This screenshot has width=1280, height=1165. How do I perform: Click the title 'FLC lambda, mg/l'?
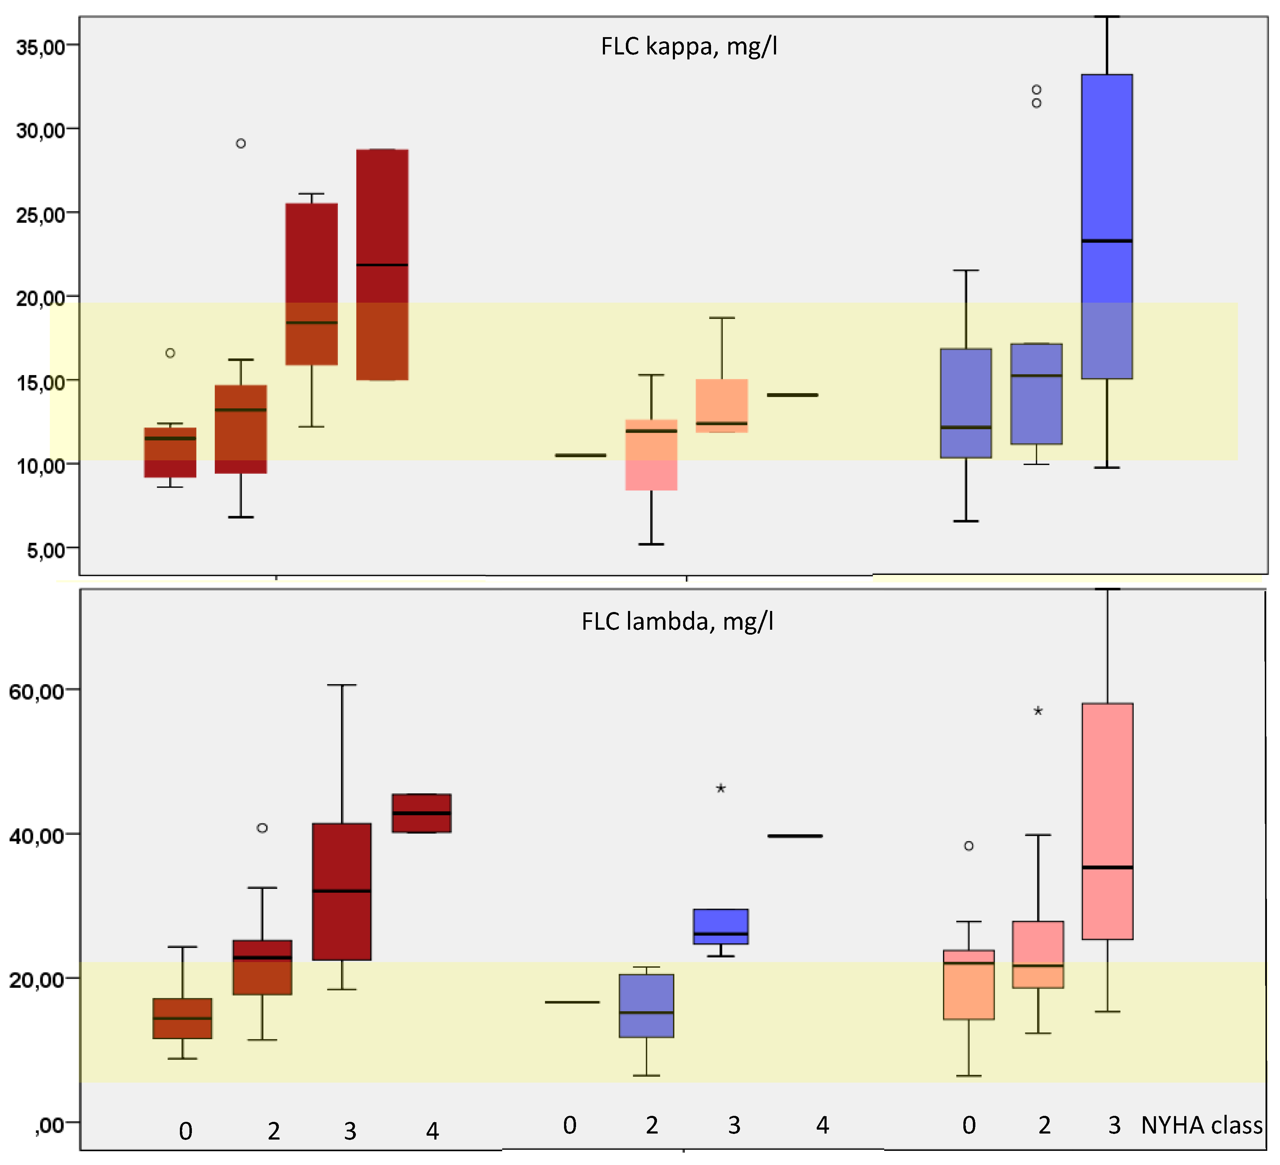point(677,621)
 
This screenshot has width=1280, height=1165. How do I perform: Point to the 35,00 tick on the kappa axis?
point(41,46)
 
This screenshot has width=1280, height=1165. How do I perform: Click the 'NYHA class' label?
point(1201,1126)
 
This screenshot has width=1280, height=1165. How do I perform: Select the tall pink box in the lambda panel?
point(1107,821)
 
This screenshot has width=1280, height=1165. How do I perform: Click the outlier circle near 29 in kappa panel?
point(241,144)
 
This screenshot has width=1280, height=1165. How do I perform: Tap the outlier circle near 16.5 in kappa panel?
point(170,353)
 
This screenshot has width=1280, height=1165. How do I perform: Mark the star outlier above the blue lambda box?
point(721,789)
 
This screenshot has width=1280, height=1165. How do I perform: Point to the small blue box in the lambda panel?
point(721,926)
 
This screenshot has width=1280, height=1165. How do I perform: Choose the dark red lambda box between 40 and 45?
point(422,813)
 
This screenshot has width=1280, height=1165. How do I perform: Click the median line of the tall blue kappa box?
point(1107,241)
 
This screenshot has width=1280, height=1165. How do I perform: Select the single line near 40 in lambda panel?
point(795,836)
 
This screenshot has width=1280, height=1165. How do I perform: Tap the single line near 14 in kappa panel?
point(792,395)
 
